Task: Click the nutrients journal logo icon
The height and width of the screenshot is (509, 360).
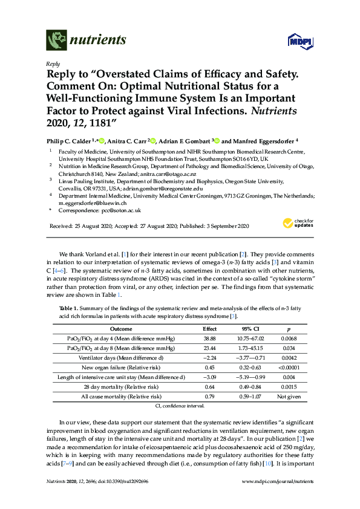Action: tap(56, 40)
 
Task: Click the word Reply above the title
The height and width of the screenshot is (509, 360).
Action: tap(53, 63)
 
